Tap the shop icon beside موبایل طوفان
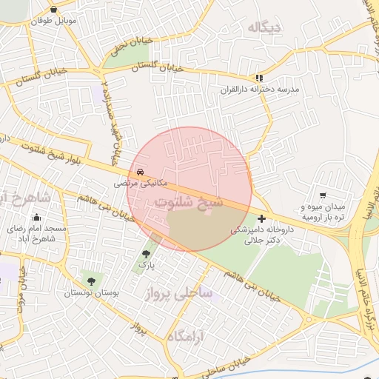tap(55, 10)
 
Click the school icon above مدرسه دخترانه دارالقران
tap(258, 77)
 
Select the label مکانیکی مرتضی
tap(141, 181)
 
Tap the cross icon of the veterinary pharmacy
tap(261, 219)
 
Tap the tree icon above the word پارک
tap(146, 254)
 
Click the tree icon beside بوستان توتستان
tap(91, 281)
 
